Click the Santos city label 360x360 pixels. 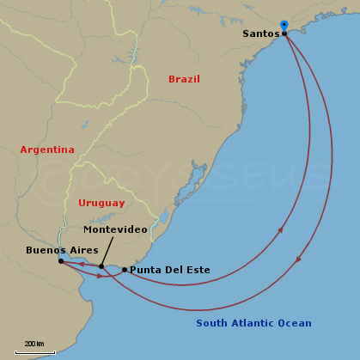(x=260, y=34)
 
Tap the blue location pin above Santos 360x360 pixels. (x=284, y=26)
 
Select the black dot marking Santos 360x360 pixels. (x=284, y=34)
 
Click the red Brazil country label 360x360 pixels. (x=184, y=79)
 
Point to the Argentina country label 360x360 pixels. (x=47, y=149)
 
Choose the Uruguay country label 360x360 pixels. (x=101, y=203)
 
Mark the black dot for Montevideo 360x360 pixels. (x=101, y=266)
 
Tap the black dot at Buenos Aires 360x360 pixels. (x=61, y=261)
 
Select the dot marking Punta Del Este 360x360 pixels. (x=125, y=270)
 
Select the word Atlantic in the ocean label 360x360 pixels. (x=253, y=323)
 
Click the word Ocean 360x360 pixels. (x=295, y=323)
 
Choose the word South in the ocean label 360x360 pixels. (x=212, y=323)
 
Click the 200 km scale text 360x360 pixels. (x=34, y=344)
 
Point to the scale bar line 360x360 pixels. (x=35, y=351)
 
